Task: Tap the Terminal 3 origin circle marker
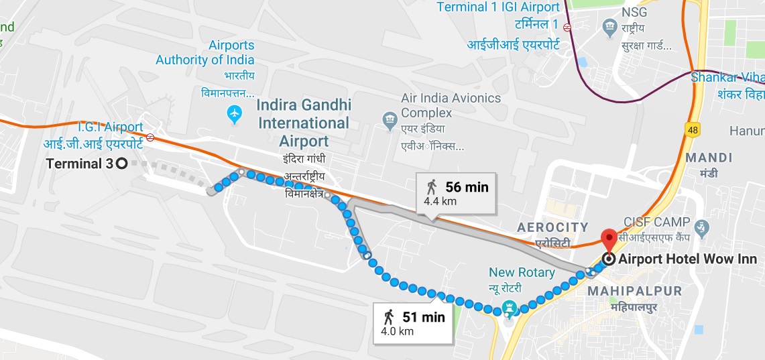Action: [x=121, y=162]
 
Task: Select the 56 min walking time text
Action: [x=467, y=187]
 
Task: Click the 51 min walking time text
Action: [x=423, y=317]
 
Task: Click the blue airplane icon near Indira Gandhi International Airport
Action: [x=235, y=115]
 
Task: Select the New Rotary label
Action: [x=522, y=273]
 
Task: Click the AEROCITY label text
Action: [x=552, y=228]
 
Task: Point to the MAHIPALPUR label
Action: [x=634, y=291]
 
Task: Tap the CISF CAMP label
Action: [x=656, y=222]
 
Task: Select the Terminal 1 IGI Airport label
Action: [x=498, y=7]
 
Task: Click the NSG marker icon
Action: [x=609, y=28]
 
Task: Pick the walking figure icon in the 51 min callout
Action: [x=389, y=316]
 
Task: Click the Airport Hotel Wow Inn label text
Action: [x=687, y=259]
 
